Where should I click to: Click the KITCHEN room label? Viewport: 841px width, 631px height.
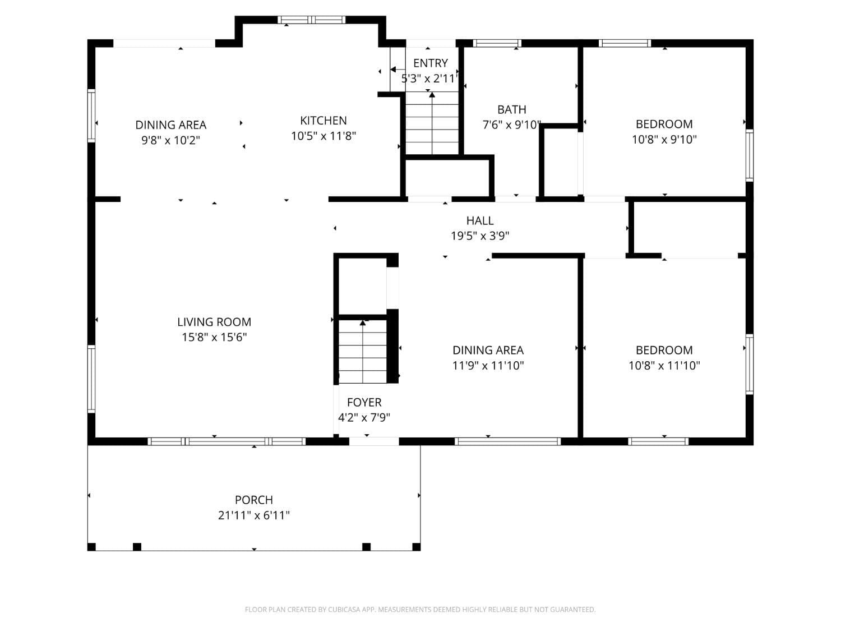click(x=323, y=121)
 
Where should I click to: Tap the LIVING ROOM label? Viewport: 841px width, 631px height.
click(x=214, y=322)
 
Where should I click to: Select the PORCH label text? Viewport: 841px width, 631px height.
click(x=253, y=500)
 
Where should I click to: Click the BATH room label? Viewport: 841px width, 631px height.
click(x=511, y=109)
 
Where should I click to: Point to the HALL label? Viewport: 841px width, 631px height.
click(x=479, y=221)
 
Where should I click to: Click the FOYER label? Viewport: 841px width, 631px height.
click(x=364, y=402)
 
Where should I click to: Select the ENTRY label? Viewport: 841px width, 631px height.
click(x=430, y=63)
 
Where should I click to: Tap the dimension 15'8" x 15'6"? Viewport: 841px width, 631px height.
click(x=214, y=337)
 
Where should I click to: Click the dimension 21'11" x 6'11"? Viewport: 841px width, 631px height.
click(x=253, y=515)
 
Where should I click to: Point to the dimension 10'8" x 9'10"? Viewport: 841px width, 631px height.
click(x=664, y=139)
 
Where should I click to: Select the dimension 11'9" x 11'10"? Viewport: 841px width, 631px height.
click(x=488, y=365)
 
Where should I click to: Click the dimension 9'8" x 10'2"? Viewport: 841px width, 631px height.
click(x=170, y=140)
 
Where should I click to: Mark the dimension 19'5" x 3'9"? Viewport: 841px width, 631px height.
click(x=479, y=236)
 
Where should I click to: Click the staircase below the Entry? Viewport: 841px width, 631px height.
click(x=432, y=126)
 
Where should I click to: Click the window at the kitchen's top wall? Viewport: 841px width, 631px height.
click(x=312, y=20)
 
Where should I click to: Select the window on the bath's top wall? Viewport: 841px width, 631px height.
click(x=497, y=43)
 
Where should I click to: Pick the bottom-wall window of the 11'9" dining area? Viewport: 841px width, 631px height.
click(x=507, y=441)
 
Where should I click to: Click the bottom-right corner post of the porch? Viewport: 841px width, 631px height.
click(x=416, y=547)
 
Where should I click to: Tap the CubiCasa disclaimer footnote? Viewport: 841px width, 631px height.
click(x=420, y=610)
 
